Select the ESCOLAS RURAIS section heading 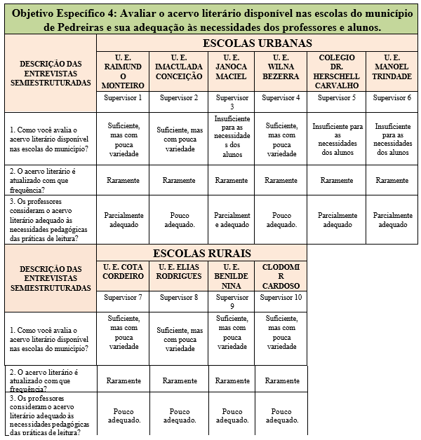pos(201,253)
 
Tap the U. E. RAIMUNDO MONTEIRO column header pos(123,71)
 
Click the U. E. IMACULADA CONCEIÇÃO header pos(179,67)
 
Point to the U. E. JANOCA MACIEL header pos(231,67)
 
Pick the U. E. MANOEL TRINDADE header pos(392,67)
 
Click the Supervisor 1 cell pos(123,97)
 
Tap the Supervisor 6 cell pos(392,97)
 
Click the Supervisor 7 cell pos(123,298)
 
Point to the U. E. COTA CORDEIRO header pos(123,272)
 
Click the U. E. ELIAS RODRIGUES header pos(179,272)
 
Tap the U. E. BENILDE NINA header pos(232,276)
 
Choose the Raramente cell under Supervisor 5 pos(338,180)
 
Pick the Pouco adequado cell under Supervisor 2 pos(179,220)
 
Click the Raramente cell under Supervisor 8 pos(180,380)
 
